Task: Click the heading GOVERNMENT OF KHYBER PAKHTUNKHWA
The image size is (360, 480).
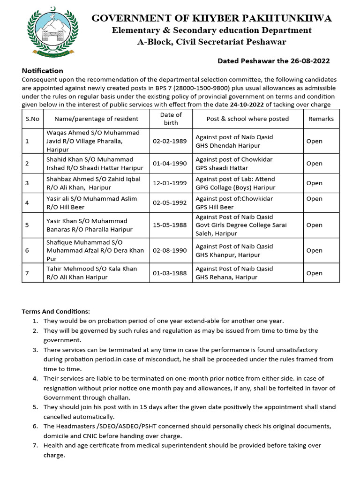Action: (211, 18)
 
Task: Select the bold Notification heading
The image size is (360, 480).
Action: (43, 71)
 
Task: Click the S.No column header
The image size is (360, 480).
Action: (32, 119)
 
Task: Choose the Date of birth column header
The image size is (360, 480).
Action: (171, 119)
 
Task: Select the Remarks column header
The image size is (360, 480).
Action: (321, 119)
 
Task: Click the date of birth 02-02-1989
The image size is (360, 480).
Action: (170, 141)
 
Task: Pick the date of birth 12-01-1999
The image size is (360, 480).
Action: (170, 183)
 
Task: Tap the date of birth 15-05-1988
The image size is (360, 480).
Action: (170, 225)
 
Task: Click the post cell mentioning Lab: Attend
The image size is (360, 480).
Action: (235, 183)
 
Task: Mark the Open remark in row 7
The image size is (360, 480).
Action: (314, 273)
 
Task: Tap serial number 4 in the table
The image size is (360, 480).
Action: (27, 202)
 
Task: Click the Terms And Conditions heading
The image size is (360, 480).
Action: (56, 311)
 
